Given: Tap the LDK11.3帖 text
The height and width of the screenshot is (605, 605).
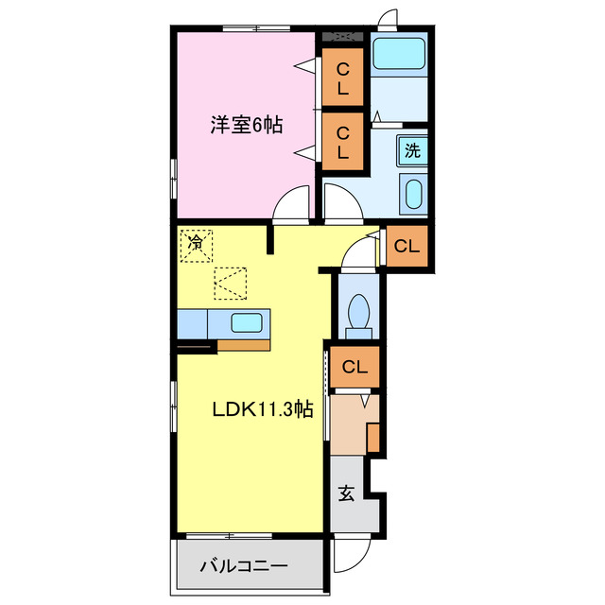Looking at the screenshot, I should (262, 409).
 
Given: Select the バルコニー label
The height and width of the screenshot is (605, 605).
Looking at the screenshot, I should (244, 567).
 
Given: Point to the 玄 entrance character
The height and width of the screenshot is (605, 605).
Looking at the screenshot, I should (346, 493).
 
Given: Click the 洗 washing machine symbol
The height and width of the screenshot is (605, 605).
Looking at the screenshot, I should (412, 149).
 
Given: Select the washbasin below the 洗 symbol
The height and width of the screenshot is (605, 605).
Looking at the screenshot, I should (412, 195).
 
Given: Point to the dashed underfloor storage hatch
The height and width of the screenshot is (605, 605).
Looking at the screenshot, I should (230, 283).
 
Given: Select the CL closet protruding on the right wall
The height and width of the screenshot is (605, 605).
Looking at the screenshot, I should (406, 248).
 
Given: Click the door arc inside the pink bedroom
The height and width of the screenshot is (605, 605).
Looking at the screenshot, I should (293, 203).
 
